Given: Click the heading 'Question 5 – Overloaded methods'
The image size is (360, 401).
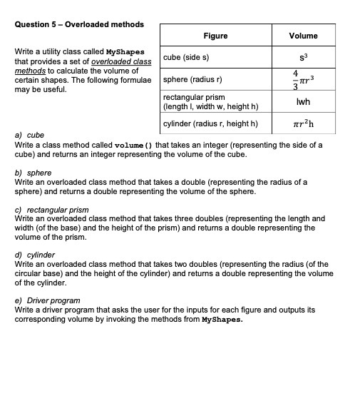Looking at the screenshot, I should point(78,24).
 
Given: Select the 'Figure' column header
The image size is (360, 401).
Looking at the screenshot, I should point(215,36).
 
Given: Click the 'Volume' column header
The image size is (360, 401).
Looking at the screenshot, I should point(303,36).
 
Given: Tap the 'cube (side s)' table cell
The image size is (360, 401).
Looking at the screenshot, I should point(186,57).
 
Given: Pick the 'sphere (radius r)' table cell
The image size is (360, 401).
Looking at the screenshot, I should point(192,79).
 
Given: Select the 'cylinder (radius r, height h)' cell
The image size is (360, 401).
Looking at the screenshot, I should point(210,124).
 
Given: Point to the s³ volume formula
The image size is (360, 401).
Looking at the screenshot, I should point(303,56).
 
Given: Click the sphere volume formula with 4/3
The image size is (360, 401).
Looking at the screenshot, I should point(303,79).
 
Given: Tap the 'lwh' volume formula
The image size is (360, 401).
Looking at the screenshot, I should point(303,102).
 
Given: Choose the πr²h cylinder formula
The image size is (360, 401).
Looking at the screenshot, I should point(303,124).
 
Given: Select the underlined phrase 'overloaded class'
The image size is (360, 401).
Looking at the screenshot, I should point(123,62).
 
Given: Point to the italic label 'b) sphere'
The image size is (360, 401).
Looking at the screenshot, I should point(33,173).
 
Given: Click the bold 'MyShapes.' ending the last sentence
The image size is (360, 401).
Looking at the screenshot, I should point(222,320).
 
